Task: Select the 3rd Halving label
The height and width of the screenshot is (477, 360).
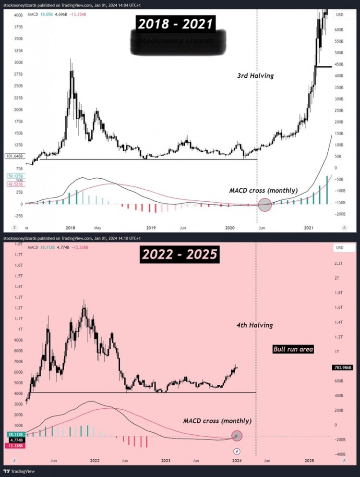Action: coord(255,75)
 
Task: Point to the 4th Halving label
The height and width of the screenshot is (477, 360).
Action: coord(254,325)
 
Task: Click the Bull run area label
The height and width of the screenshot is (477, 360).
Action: coord(293,349)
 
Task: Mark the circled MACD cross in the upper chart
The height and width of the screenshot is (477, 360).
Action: coord(265,205)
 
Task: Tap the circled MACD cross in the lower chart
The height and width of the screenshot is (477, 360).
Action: coord(237,436)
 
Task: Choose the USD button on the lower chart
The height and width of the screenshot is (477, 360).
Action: coord(340,248)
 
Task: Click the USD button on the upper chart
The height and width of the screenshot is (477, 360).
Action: coord(340,14)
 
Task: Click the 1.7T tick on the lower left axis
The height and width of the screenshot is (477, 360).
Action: coord(20,266)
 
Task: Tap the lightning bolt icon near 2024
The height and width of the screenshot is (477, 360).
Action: coord(237,451)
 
